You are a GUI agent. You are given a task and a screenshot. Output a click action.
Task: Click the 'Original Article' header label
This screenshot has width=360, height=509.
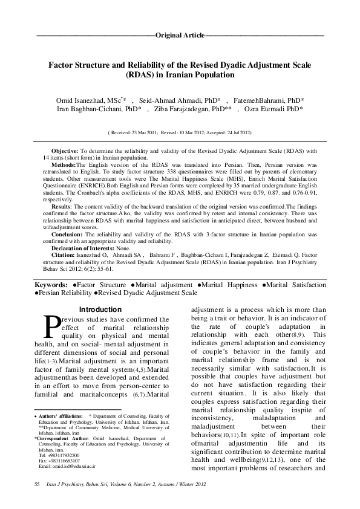tap(180, 36)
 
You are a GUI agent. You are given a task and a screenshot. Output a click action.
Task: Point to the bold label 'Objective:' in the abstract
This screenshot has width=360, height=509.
tap(65, 150)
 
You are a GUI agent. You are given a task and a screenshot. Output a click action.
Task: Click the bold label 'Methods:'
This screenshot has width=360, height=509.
tap(64, 164)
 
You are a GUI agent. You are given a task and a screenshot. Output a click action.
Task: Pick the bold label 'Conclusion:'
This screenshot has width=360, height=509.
tap(67, 234)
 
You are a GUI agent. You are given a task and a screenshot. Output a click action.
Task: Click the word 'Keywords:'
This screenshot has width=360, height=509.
tap(50, 284)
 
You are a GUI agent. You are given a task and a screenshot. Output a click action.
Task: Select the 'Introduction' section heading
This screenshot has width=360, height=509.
tap(105, 310)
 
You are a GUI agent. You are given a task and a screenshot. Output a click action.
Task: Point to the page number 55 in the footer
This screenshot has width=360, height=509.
tap(38, 485)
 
